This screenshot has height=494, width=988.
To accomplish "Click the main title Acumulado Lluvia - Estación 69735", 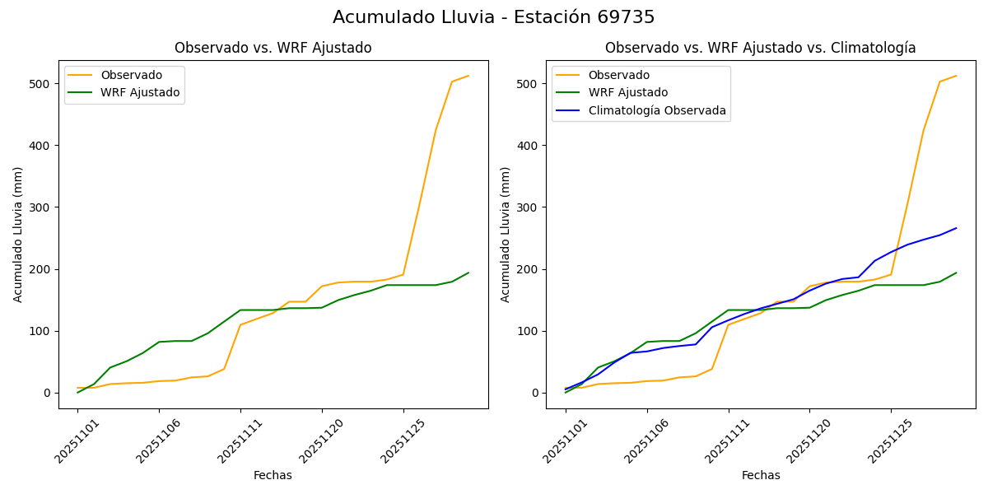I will pos(494,17).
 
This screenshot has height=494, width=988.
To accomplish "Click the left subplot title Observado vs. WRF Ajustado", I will pos(273,48).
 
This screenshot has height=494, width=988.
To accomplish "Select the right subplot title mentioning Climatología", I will pos(760,48).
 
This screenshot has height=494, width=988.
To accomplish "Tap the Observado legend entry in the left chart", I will pos(131,75).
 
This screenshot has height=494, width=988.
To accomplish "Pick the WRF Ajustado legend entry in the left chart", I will pos(140,92).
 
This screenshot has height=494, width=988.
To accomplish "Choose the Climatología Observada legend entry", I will pos(656,110).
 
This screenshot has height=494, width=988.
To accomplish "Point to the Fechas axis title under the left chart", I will pos(273,475).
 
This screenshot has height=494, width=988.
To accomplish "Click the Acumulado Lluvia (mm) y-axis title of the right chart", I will pos(506,234).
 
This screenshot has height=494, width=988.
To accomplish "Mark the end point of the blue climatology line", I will pos(956,228).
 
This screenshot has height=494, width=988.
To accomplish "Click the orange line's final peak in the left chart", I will pos(468,76).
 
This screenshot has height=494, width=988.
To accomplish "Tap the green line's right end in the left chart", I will pos(468,273).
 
